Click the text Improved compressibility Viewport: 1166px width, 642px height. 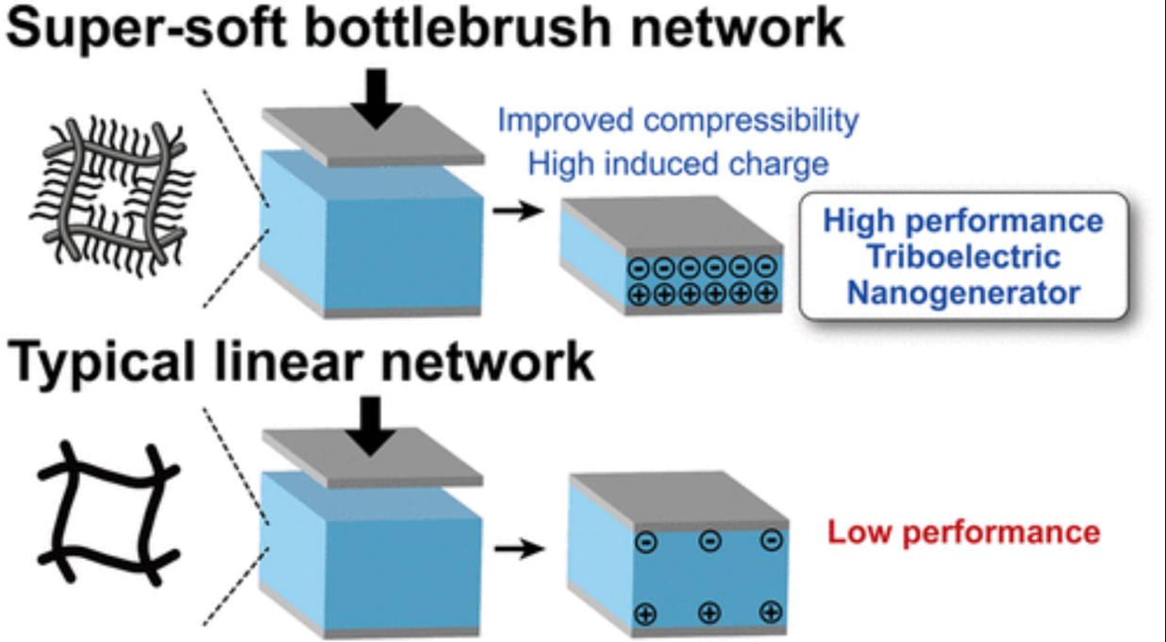(677, 121)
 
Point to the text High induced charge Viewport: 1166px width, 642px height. (677, 164)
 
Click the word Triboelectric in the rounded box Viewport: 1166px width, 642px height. (962, 257)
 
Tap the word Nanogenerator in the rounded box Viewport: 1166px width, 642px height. (962, 293)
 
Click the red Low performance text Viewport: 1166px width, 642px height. (963, 532)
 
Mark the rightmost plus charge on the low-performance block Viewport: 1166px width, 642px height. (771, 612)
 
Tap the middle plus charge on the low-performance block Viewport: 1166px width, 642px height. (708, 613)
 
